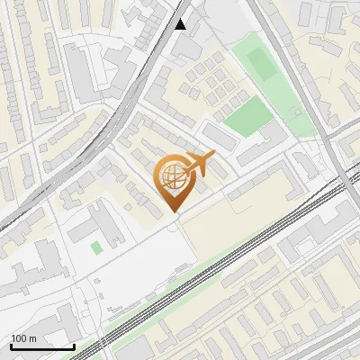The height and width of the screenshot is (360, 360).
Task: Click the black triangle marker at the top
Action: (181, 24)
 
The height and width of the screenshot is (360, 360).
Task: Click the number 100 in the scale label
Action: (19, 338)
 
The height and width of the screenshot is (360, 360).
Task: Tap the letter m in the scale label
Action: (32, 338)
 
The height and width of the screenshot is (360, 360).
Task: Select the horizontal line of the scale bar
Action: (42, 346)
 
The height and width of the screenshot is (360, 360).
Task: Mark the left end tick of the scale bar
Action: (12, 345)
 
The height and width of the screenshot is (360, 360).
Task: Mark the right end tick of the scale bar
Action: (74, 345)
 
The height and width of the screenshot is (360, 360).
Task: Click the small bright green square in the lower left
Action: (96, 247)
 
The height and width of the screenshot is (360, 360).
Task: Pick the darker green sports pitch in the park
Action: (260, 63)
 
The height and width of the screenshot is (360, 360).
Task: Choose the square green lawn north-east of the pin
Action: (247, 116)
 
